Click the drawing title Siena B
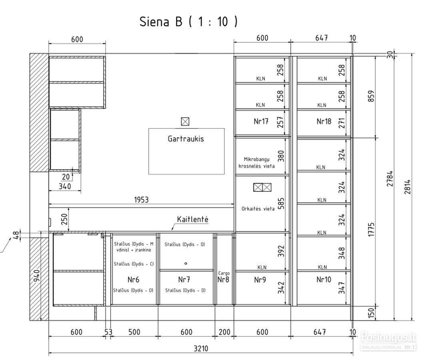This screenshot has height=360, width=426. point(161,22)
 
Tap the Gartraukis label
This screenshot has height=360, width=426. point(186,139)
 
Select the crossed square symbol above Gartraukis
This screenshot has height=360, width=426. point(185,121)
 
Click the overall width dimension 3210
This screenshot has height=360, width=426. point(201,348)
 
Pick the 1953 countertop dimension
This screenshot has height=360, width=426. point(141,200)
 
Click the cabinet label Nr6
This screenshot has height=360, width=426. point(133,280)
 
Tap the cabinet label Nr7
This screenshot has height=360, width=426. point(184,280)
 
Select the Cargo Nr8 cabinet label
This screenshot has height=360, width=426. point(224,277)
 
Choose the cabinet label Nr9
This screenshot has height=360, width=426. point(260,280)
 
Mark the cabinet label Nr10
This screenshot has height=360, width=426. point(324,280)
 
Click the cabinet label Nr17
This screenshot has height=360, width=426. point(261,121)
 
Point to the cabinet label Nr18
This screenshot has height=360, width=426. point(324,121)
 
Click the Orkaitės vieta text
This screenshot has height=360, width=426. point(258,209)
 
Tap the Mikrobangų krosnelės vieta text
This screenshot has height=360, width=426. point(257,162)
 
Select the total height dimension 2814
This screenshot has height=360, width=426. point(407,187)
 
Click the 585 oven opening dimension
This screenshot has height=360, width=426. point(281,203)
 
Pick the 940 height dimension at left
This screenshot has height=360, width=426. point(37,276)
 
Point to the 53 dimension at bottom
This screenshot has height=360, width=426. point(108,332)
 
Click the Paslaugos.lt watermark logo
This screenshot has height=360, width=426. point(388,338)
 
